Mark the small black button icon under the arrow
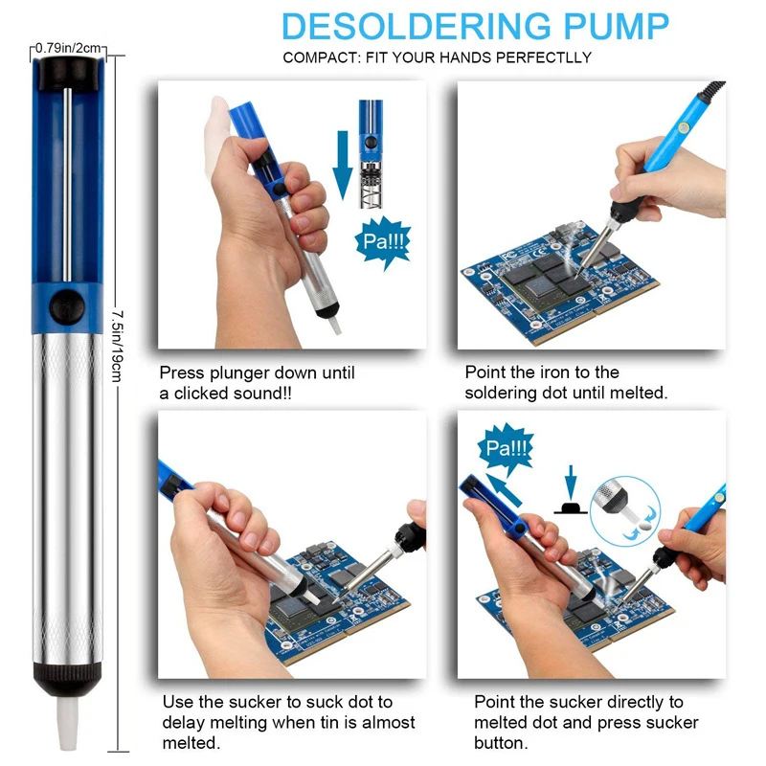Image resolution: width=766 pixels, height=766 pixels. coord(572,507)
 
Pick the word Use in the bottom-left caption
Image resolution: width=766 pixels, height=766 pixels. coord(177,702)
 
